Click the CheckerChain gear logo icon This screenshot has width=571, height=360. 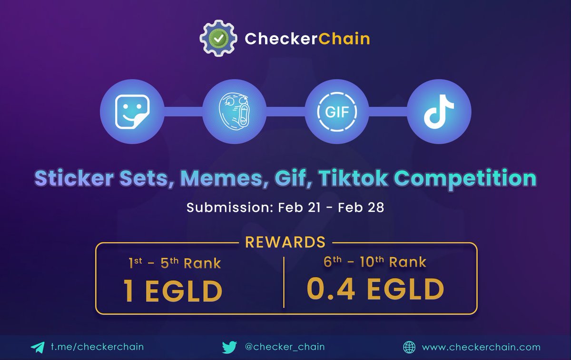217,38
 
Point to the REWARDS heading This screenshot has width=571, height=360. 285,242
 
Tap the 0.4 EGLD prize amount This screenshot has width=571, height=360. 375,289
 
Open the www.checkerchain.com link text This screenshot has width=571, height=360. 481,347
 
